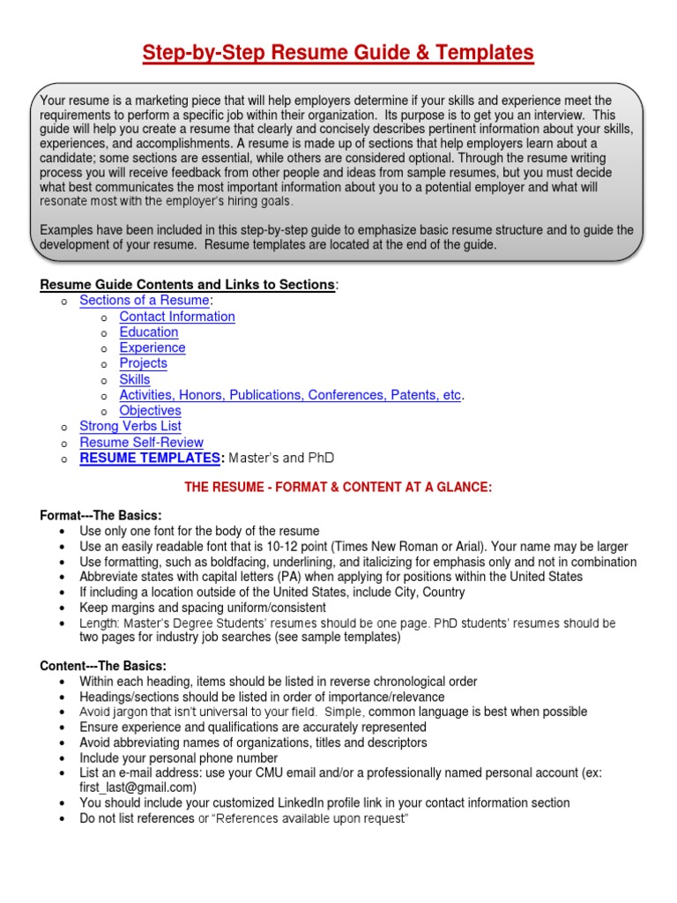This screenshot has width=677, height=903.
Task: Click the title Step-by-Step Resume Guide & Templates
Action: pyautogui.click(x=338, y=54)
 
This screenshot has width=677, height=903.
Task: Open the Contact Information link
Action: pyautogui.click(x=177, y=317)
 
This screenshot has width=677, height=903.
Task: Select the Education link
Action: pyautogui.click(x=149, y=332)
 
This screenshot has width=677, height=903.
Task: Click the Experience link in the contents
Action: pyautogui.click(x=153, y=347)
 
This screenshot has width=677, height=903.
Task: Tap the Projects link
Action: pyautogui.click(x=143, y=363)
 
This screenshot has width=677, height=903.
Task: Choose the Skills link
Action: pyautogui.click(x=135, y=379)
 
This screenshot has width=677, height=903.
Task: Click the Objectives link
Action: pyautogui.click(x=150, y=411)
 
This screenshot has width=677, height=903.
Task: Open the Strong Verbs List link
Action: pyautogui.click(x=130, y=427)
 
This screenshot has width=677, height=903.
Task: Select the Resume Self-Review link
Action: pyautogui.click(x=141, y=443)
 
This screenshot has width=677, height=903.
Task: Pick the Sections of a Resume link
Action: pyautogui.click(x=145, y=301)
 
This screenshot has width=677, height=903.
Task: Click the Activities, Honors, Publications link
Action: pyautogui.click(x=290, y=395)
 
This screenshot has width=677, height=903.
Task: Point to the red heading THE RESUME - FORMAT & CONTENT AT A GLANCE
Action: pyautogui.click(x=338, y=488)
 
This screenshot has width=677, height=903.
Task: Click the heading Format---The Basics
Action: pyautogui.click(x=101, y=515)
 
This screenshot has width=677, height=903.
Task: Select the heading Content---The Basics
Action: pyautogui.click(x=104, y=666)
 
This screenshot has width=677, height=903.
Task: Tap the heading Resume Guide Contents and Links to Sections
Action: pyautogui.click(x=187, y=284)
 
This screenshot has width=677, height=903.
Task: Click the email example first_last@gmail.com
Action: pyautogui.click(x=138, y=787)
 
